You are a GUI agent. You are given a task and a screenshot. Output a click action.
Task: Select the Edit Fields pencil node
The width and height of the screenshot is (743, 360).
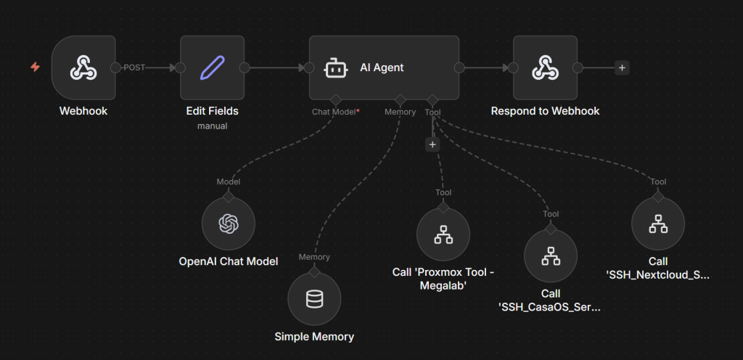(213, 67)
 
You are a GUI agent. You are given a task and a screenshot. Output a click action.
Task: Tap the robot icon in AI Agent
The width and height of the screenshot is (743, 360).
(334, 67)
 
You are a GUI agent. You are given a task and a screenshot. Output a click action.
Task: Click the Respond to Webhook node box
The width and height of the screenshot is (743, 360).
(545, 67)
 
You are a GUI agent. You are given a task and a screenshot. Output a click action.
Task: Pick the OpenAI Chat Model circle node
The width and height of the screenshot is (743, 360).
(229, 224)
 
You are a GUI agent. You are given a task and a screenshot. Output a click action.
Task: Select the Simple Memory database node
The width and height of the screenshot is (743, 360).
(314, 298)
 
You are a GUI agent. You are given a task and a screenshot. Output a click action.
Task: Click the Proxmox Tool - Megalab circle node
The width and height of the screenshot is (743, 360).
(443, 234)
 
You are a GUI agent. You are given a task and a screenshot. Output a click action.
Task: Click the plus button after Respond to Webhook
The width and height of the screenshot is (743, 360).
(622, 67)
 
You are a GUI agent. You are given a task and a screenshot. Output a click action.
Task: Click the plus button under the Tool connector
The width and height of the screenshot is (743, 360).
(432, 144)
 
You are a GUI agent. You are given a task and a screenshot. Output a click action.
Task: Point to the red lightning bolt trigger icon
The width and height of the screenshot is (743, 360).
(35, 67)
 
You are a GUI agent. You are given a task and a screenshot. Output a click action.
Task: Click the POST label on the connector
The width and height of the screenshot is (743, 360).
(134, 67)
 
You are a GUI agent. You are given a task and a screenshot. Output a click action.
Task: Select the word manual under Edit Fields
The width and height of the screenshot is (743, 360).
(212, 126)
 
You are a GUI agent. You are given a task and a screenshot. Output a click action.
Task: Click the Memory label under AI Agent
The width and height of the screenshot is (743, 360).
(400, 112)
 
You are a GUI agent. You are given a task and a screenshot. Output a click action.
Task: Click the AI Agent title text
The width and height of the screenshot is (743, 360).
(382, 67)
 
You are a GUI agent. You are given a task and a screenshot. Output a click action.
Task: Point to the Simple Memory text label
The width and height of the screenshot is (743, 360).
(314, 336)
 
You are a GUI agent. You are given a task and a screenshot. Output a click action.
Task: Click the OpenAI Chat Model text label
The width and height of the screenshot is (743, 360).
(229, 261)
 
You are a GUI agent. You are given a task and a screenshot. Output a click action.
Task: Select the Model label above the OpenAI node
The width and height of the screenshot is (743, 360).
(229, 181)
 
